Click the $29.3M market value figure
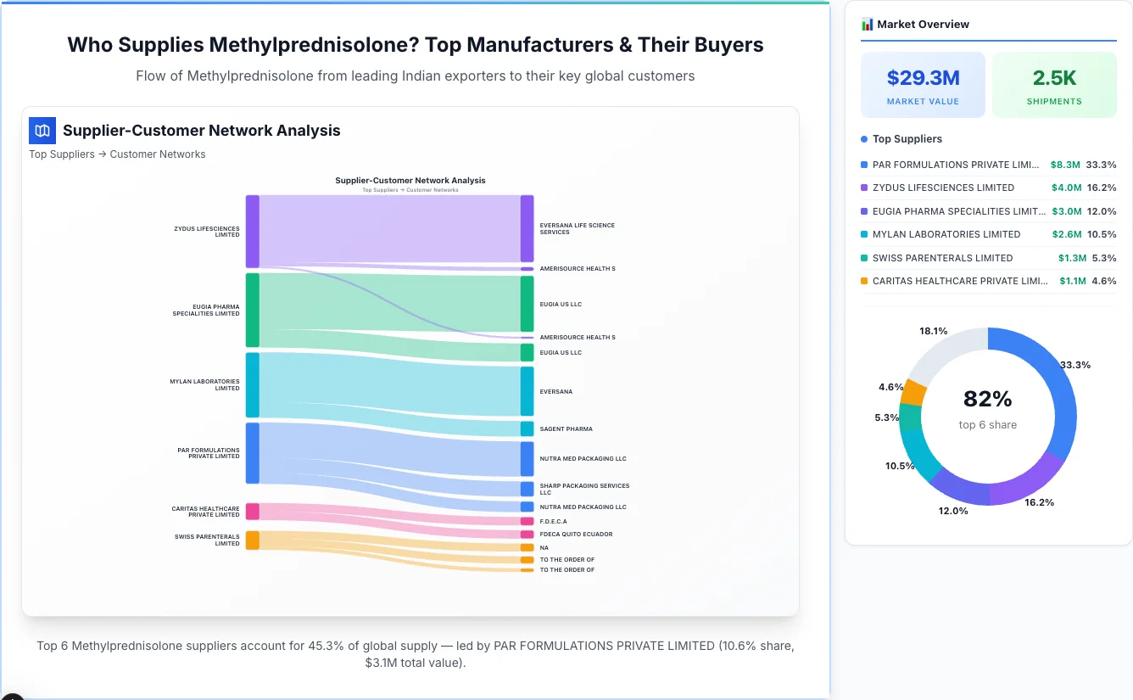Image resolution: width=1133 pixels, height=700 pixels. [923, 78]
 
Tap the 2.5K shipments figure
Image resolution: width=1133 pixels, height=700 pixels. [1054, 78]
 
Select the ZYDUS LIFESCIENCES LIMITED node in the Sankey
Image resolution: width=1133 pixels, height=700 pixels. [253, 232]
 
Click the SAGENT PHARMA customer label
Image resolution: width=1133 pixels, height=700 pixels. [566, 429]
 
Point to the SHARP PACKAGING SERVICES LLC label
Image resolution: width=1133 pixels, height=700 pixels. [584, 490]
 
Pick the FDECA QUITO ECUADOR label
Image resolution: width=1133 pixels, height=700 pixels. [576, 535]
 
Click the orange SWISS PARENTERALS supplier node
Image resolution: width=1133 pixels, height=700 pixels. [253, 540]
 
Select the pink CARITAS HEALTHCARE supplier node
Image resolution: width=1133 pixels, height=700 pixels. [253, 511]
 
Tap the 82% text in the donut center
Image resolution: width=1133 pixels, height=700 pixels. [988, 399]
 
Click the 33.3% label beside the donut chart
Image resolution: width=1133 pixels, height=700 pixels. [1074, 365]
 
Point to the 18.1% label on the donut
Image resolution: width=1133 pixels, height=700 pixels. [933, 331]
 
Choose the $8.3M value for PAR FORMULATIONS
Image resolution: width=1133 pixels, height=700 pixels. [1065, 165]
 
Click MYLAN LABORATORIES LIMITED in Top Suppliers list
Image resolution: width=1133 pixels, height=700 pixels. [946, 234]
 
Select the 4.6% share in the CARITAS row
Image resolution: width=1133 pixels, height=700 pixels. [1103, 281]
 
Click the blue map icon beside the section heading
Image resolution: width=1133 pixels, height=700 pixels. [42, 131]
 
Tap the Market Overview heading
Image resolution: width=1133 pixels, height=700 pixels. [922, 25]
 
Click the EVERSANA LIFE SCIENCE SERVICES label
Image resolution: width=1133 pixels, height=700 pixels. [577, 229]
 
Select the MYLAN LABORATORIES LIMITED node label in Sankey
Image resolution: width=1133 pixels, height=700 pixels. [204, 385]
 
